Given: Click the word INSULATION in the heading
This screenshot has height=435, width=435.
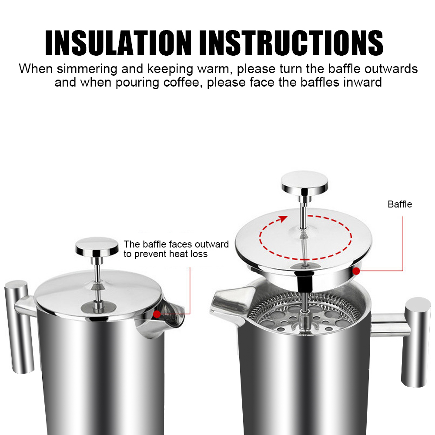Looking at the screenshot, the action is pos(118,43).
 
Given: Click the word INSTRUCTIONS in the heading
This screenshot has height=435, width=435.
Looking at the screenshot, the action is pos(291,43).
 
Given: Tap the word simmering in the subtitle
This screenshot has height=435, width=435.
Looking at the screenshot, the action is pos(87,69).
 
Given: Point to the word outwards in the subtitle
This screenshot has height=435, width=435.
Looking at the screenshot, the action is pos(391,69).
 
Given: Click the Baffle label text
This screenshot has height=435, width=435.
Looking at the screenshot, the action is pos(400,204).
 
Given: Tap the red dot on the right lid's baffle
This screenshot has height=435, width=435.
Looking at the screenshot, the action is pos(356,271).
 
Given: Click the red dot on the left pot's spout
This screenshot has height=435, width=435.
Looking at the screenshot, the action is pos(157,314).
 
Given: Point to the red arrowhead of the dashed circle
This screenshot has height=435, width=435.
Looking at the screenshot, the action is pos(283,219).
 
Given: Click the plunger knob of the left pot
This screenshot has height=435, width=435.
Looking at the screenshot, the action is pos(97,246).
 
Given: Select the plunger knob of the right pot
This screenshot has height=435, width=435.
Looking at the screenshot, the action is pos(304,183).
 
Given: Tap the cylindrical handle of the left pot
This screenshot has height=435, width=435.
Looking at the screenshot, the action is pos(19,327).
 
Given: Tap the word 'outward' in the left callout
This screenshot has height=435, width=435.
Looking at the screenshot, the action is pos(212,244).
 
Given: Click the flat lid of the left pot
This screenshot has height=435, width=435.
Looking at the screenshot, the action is pos(97,294).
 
